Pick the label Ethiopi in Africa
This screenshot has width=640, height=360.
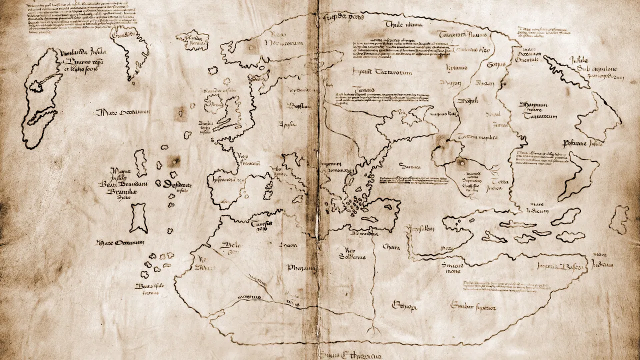coord(405,304)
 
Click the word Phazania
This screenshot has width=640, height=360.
coord(301,267)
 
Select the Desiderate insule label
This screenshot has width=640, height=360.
coord(177,185)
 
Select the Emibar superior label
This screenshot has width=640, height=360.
coord(472,304)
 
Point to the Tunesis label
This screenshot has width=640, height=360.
coord(262,225)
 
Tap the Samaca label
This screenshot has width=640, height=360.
coord(408,164)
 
